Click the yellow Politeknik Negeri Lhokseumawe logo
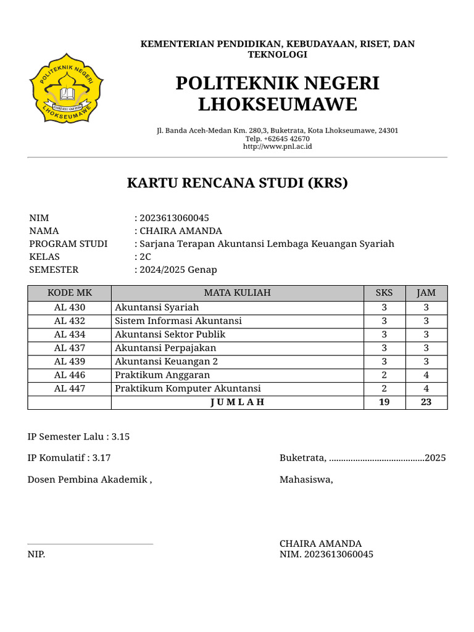(67, 89)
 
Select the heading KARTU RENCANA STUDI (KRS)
(237, 183)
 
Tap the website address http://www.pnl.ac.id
(277, 146)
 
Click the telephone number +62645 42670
(277, 139)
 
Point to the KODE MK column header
(69, 293)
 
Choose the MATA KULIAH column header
(237, 293)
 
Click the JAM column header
(426, 293)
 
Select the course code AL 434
(69, 335)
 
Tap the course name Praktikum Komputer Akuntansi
(188, 388)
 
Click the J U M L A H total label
(237, 402)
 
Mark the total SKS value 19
(384, 402)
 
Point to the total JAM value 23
(426, 402)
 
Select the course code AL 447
(69, 388)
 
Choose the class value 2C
(146, 257)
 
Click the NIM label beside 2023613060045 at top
(39, 218)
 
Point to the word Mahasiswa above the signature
(306, 480)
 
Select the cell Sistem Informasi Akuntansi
(178, 321)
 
